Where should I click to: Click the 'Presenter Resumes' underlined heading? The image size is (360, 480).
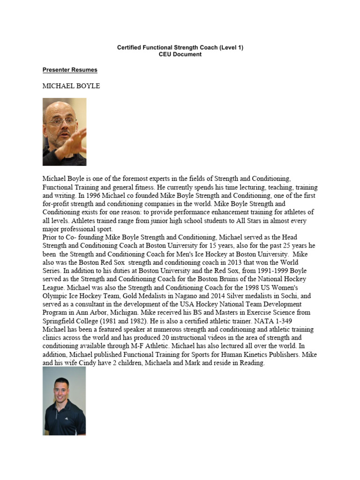pos(70,70)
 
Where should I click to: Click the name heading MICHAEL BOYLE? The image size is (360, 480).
pos(71,86)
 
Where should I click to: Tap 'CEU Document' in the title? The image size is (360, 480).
pos(180,54)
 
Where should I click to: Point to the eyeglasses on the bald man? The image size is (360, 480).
pos(60,121)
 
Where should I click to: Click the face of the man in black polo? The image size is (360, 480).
pos(64,390)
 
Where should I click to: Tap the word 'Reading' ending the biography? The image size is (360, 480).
pos(252,363)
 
